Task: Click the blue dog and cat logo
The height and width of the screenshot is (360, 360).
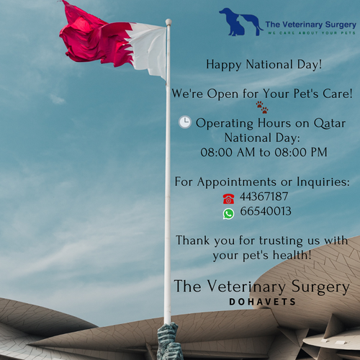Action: (x=240, y=22)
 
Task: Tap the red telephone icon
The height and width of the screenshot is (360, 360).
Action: (x=228, y=199)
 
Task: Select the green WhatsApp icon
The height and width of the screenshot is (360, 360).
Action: (x=228, y=214)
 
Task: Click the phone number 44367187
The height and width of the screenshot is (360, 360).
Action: (x=264, y=197)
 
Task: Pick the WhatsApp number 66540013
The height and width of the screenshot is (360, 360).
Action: (x=266, y=211)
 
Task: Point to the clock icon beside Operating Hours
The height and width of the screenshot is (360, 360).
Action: (x=185, y=122)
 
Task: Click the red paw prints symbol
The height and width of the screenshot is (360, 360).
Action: (x=262, y=107)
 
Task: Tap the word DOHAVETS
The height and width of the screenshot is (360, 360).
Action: (x=262, y=302)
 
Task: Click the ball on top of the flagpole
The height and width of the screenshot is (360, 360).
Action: (x=168, y=22)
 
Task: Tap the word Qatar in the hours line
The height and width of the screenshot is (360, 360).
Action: (x=330, y=123)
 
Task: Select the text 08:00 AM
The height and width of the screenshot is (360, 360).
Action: (x=228, y=153)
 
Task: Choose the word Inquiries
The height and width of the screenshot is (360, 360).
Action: (x=323, y=182)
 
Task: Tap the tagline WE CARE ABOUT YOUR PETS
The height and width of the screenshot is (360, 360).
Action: (x=312, y=33)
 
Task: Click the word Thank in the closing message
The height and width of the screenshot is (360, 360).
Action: (x=192, y=240)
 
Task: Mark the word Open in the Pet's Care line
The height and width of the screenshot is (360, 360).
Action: (x=222, y=94)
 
